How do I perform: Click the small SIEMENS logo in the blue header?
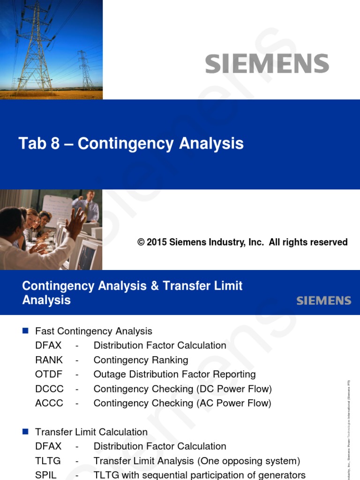[x=323, y=301]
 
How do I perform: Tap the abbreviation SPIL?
[x=46, y=475]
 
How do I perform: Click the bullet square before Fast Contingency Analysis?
[x=26, y=331]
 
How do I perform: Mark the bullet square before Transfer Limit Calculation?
[x=26, y=431]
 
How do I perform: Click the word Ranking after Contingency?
[x=170, y=360]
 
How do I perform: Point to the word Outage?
[x=109, y=375]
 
